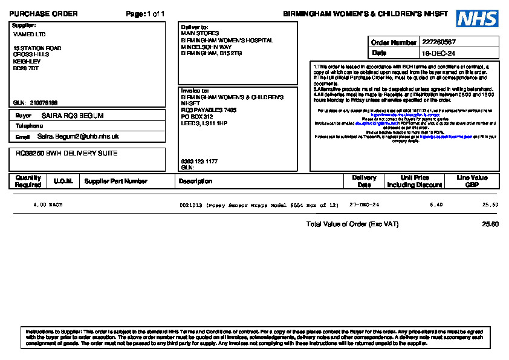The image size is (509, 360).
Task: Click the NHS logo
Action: [477, 19]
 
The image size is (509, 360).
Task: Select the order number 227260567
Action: [439, 42]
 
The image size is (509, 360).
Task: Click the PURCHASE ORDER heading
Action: [44, 14]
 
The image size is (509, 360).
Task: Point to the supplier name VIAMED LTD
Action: [29, 34]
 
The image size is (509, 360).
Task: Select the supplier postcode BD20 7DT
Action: [26, 68]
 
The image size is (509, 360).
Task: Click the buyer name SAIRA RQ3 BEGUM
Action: [73, 116]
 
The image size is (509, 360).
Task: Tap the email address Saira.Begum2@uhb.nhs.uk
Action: [78, 137]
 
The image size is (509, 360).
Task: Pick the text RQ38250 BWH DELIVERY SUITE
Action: [66, 154]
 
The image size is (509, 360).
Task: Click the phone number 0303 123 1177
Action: [199, 162]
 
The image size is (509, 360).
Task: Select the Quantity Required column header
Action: [28, 181]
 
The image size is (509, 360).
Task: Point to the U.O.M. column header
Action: [63, 181]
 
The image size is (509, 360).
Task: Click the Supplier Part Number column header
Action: [115, 181]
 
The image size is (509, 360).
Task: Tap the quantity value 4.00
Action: [39, 205]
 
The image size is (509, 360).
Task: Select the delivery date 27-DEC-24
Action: [364, 205]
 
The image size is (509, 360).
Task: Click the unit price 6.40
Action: [436, 205]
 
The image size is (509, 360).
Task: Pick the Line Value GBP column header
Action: [472, 181]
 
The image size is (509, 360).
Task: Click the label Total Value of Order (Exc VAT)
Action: [352, 224]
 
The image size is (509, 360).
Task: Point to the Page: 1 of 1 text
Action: [145, 14]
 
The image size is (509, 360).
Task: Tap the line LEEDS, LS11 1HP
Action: [204, 123]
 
